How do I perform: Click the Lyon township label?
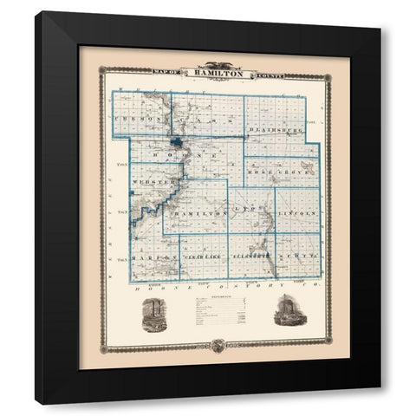click(250, 211)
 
